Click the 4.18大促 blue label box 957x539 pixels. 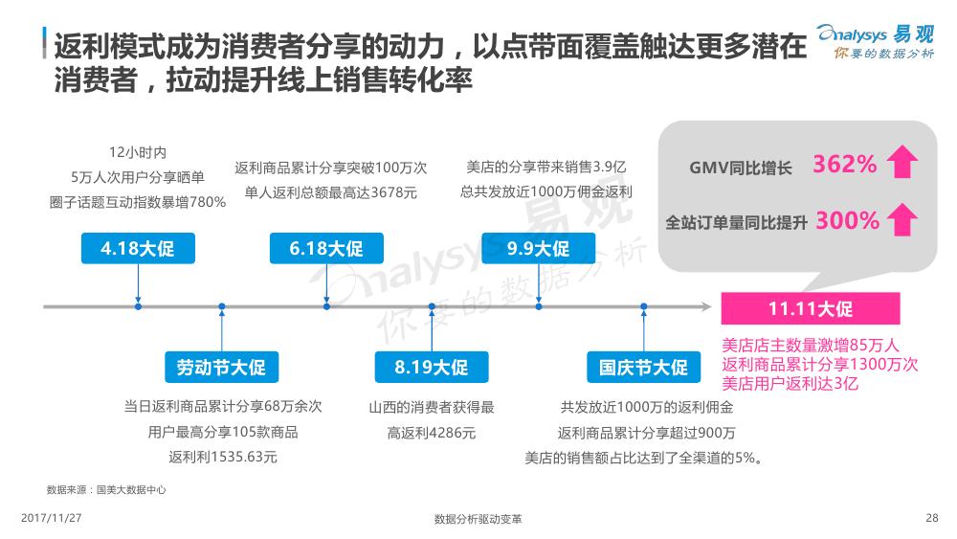pyautogui.click(x=138, y=249)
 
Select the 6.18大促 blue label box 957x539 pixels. pyautogui.click(x=326, y=249)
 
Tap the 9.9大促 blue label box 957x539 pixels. pyautogui.click(x=538, y=249)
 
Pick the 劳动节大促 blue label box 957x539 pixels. pyautogui.click(x=222, y=367)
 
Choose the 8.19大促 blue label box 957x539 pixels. pyautogui.click(x=432, y=367)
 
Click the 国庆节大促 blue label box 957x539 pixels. pyautogui.click(x=643, y=367)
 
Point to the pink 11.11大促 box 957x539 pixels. pyautogui.click(x=811, y=308)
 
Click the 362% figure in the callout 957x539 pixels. pyautogui.click(x=845, y=165)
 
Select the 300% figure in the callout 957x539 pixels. pyautogui.click(x=847, y=220)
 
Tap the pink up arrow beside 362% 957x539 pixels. pyautogui.click(x=902, y=162)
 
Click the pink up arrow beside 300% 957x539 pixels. pyautogui.click(x=902, y=219)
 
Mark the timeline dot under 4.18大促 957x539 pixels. pyautogui.click(x=138, y=306)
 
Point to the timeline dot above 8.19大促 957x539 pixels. pyautogui.click(x=432, y=306)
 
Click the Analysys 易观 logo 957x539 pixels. pyautogui.click(x=876, y=41)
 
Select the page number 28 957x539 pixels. pyautogui.click(x=931, y=518)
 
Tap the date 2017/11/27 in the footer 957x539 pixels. pyautogui.click(x=52, y=518)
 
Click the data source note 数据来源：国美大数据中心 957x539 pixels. pyautogui.click(x=106, y=489)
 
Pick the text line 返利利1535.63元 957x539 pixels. pyautogui.click(x=223, y=457)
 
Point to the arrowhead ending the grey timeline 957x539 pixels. pyautogui.click(x=707, y=306)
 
